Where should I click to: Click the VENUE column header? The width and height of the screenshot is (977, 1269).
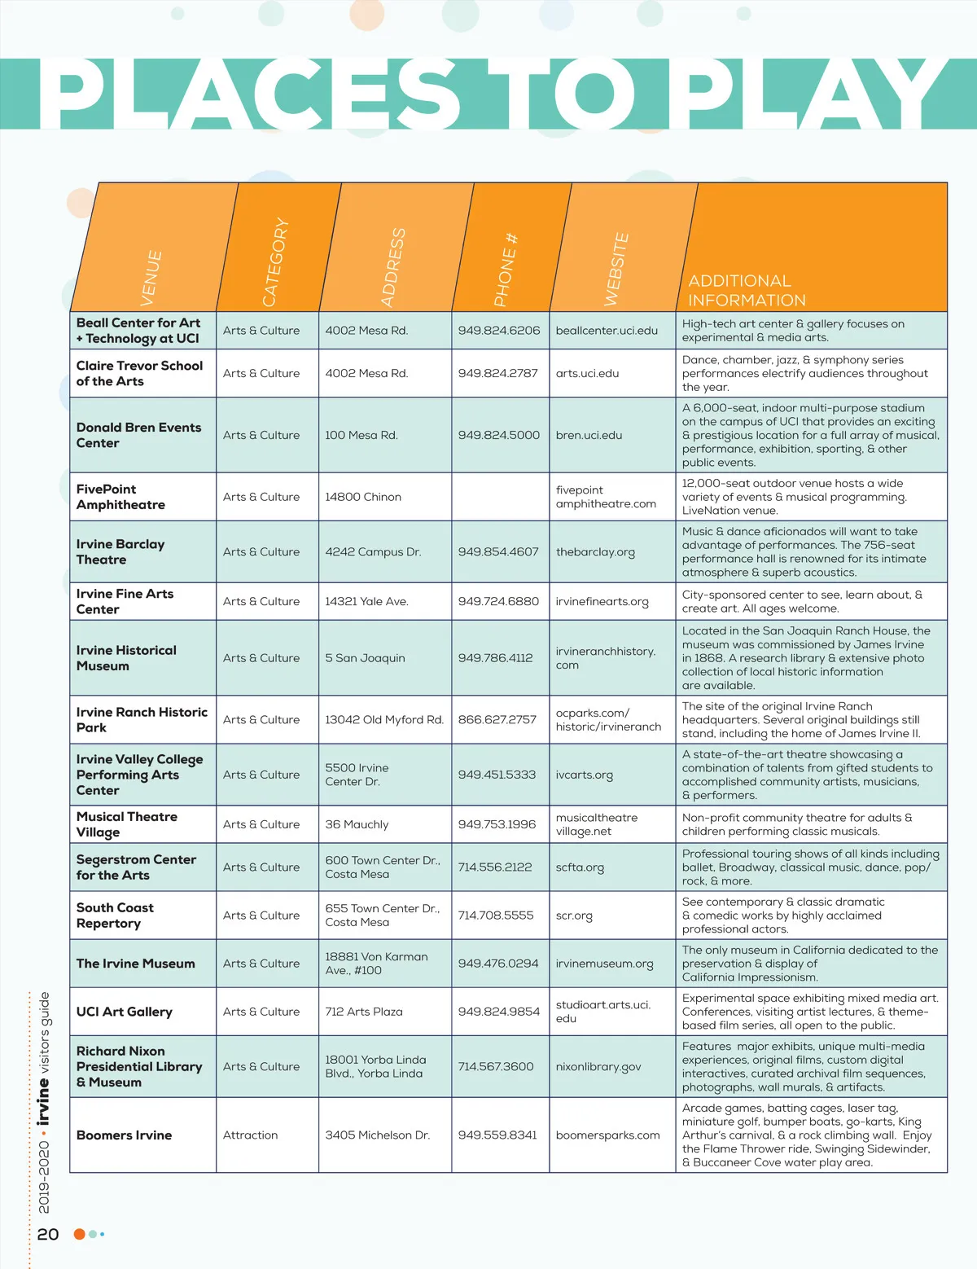click(151, 277)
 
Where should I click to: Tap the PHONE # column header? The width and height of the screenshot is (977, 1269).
click(505, 270)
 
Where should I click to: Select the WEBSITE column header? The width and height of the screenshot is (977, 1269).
click(616, 269)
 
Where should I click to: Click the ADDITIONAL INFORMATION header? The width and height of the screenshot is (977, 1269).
click(747, 291)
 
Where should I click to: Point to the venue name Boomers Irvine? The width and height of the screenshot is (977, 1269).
click(124, 1135)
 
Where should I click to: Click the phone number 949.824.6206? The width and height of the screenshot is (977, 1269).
click(498, 331)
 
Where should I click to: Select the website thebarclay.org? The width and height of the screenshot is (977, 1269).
click(594, 552)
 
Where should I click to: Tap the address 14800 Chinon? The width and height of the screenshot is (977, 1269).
click(363, 497)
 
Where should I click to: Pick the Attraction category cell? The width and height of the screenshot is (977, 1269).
click(250, 1135)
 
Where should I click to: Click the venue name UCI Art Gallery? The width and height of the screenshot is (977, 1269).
click(124, 1012)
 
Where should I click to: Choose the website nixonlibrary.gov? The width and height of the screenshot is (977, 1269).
click(598, 1067)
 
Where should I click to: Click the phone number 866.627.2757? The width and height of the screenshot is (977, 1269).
click(497, 720)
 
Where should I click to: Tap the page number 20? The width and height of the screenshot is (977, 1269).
click(48, 1234)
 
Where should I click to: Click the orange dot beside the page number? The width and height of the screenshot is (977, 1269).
click(79, 1234)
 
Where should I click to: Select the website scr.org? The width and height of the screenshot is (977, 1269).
click(574, 916)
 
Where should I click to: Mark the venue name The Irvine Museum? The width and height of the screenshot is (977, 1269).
click(135, 964)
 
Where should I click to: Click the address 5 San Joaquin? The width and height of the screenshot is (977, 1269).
click(365, 658)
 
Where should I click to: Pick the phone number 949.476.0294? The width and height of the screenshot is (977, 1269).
click(497, 964)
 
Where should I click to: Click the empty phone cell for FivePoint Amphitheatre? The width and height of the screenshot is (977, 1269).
click(500, 497)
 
